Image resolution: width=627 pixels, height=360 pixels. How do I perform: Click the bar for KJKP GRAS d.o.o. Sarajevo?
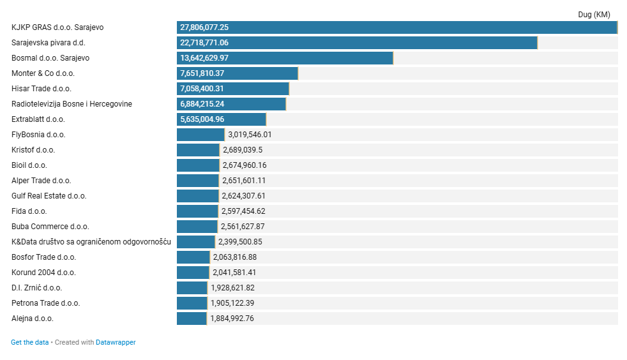click(x=397, y=27)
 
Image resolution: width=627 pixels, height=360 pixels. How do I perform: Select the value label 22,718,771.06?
click(x=204, y=43)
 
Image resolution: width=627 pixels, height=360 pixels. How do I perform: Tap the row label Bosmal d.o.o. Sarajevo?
click(x=50, y=58)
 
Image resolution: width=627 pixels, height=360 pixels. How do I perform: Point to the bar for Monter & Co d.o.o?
click(x=237, y=73)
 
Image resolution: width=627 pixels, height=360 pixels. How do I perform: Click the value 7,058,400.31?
click(x=202, y=89)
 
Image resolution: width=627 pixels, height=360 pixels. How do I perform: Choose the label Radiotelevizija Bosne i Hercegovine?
click(x=72, y=104)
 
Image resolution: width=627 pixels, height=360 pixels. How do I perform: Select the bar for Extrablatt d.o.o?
click(x=221, y=119)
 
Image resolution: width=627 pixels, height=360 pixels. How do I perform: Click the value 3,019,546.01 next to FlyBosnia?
click(x=250, y=135)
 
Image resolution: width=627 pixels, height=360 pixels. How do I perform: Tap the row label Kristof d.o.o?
click(x=33, y=150)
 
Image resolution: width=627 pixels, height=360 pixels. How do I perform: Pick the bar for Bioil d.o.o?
click(x=198, y=165)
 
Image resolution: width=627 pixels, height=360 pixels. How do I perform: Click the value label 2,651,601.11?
click(x=244, y=181)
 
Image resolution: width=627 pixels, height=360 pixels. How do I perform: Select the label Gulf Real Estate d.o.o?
click(x=49, y=196)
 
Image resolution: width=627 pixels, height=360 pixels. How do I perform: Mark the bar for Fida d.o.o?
click(x=197, y=211)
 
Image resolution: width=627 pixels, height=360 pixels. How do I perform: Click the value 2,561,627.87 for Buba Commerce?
click(x=243, y=227)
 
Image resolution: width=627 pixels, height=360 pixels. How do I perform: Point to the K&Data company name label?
click(x=91, y=242)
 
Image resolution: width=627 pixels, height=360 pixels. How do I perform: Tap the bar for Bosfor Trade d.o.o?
click(x=193, y=257)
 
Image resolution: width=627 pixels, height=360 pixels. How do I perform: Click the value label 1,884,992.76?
click(x=232, y=319)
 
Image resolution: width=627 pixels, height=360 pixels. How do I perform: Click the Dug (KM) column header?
click(x=594, y=15)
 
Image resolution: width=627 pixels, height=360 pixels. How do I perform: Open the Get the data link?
click(x=29, y=342)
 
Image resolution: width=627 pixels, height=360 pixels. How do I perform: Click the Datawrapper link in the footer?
click(x=116, y=342)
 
